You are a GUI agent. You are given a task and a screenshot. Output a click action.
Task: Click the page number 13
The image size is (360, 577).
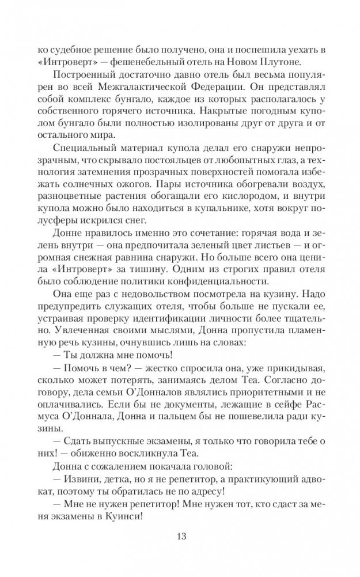[x=180, y=537]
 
